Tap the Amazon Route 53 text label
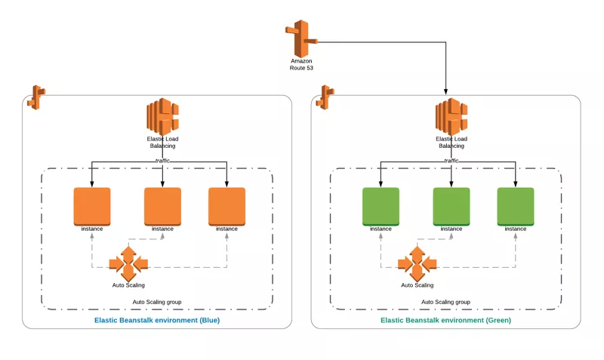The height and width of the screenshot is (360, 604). pos(301,64)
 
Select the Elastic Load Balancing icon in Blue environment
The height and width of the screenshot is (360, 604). pos(162,117)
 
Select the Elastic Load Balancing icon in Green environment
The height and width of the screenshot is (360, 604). pos(451,117)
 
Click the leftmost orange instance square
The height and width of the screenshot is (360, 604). pos(92,206)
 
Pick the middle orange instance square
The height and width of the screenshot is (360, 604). pos(162,206)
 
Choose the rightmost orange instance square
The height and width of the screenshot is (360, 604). pos(226,206)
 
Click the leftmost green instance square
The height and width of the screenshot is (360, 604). pos(381,206)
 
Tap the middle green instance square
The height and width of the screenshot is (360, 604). pos(451,206)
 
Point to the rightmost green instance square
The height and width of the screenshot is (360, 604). pos(516,206)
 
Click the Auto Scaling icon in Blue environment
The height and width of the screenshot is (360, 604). pos(128,263)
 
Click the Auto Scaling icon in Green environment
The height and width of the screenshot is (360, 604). pos(418,263)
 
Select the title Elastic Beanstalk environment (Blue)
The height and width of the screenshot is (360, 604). pos(157,320)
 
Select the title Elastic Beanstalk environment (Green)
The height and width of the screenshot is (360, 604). pos(445,320)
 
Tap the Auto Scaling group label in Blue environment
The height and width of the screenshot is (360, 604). pos(157,302)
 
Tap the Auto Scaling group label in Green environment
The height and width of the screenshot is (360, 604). pos(445,302)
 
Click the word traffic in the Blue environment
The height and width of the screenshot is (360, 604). pos(162,160)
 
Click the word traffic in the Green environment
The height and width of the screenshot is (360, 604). pos(451,160)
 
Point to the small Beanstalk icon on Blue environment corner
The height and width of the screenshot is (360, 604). pos(36,96)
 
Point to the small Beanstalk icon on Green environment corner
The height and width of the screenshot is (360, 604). pos(325,96)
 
